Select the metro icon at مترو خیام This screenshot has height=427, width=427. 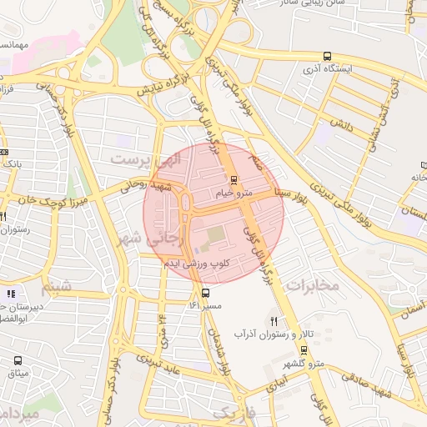[x=234, y=179]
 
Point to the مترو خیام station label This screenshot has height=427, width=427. [x=234, y=193]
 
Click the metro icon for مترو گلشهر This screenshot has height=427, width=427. [x=303, y=351]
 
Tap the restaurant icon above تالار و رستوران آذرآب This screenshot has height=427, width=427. [x=274, y=321]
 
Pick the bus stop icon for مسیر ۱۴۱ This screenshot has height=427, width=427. [x=205, y=293]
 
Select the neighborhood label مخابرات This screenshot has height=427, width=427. [x=313, y=286]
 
